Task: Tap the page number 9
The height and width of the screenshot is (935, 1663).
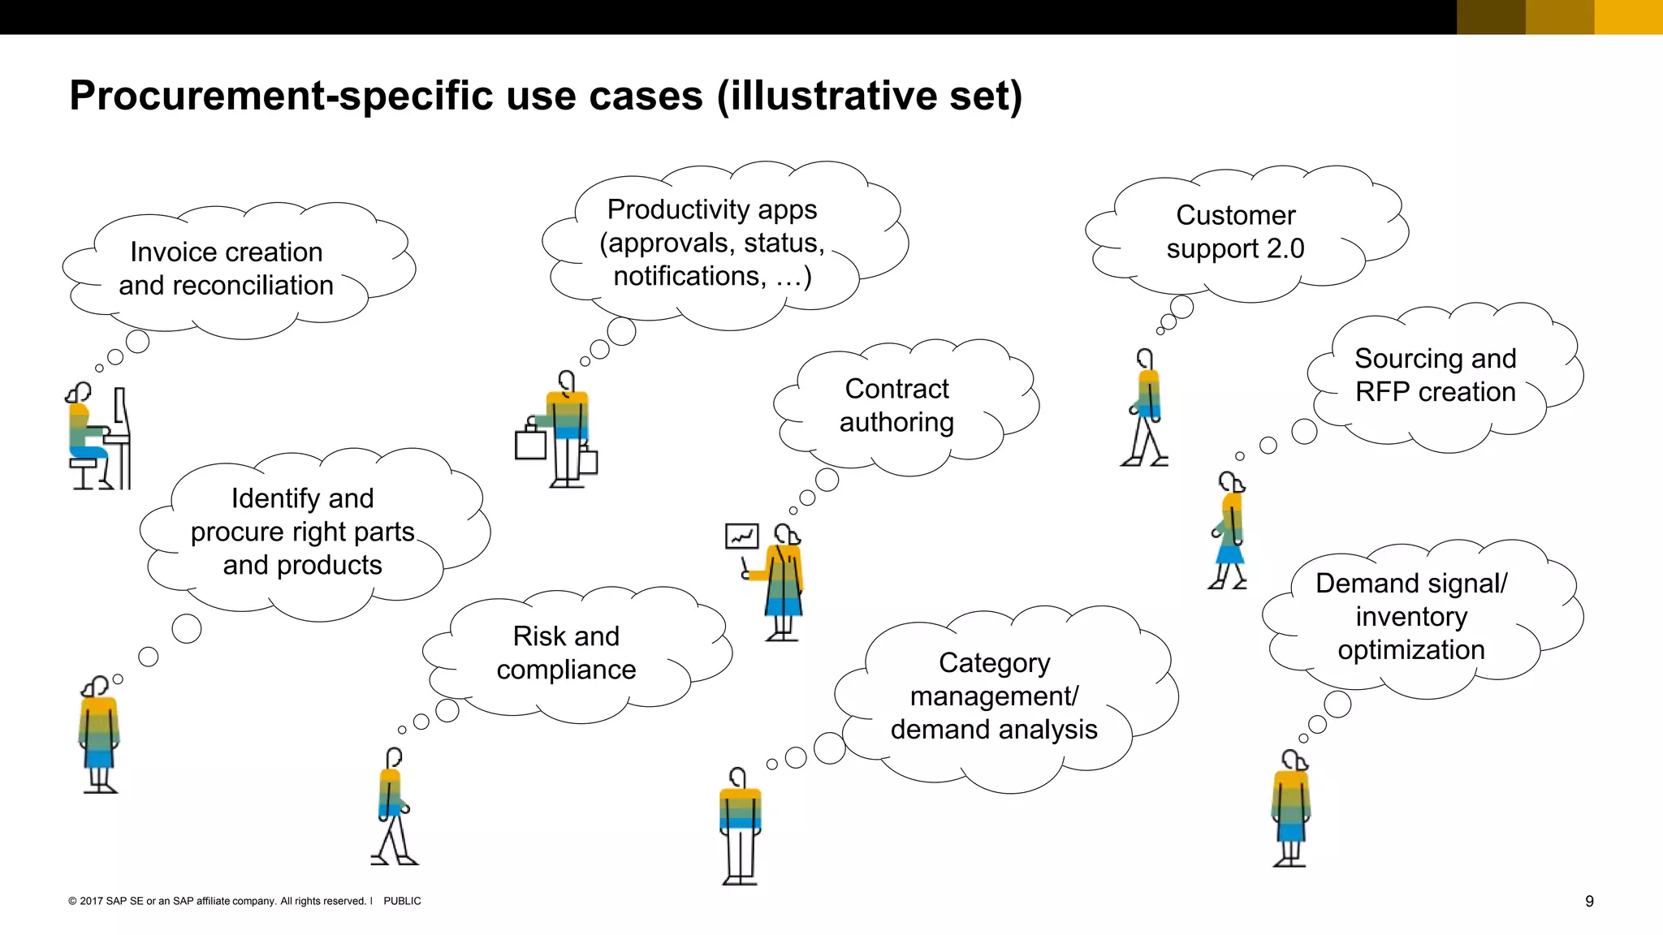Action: click(x=1589, y=901)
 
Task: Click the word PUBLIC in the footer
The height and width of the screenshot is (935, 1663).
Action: click(x=402, y=901)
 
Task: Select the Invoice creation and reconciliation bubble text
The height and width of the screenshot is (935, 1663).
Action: click(x=226, y=269)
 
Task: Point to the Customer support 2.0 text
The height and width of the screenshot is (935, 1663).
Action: click(x=1235, y=232)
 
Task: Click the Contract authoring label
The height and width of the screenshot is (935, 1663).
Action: click(x=896, y=406)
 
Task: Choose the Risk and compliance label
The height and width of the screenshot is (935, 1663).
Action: click(x=566, y=653)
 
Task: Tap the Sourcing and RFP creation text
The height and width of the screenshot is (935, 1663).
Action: click(x=1435, y=375)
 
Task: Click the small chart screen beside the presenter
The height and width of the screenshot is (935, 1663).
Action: click(x=741, y=536)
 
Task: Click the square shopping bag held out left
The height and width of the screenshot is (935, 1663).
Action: click(x=530, y=443)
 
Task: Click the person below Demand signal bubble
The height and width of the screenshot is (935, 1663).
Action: click(x=1290, y=808)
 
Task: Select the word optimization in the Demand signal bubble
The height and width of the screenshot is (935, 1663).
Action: click(x=1410, y=650)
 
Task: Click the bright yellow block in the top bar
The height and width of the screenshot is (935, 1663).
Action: click(x=1628, y=17)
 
